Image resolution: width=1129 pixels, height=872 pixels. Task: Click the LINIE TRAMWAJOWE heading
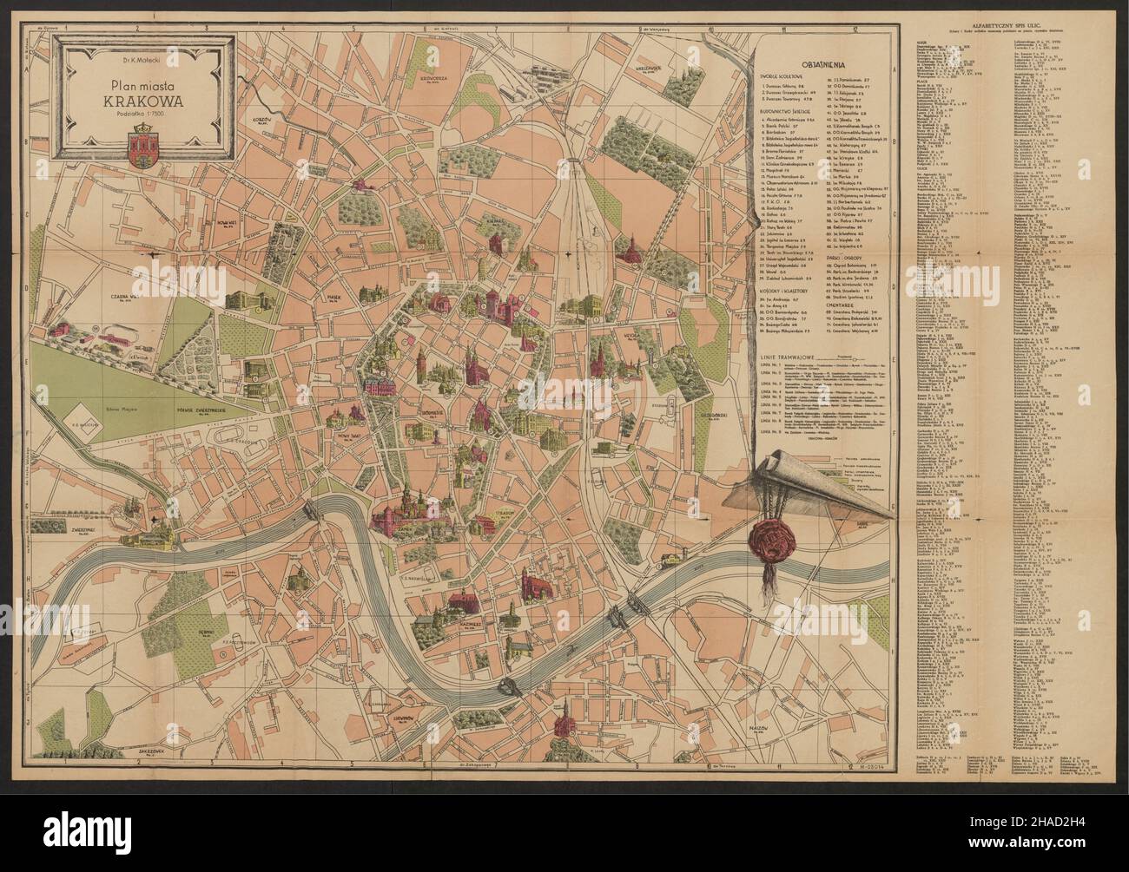click(x=785, y=357)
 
